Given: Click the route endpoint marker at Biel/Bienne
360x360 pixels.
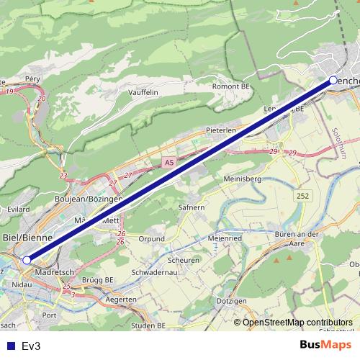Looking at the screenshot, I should [27, 260].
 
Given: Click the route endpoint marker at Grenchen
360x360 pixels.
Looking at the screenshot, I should [333, 81].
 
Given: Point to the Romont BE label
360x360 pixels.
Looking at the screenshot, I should [230, 86].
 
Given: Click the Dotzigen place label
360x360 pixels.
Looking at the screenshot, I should [231, 300].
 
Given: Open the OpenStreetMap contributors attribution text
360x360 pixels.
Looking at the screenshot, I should [297, 323].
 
